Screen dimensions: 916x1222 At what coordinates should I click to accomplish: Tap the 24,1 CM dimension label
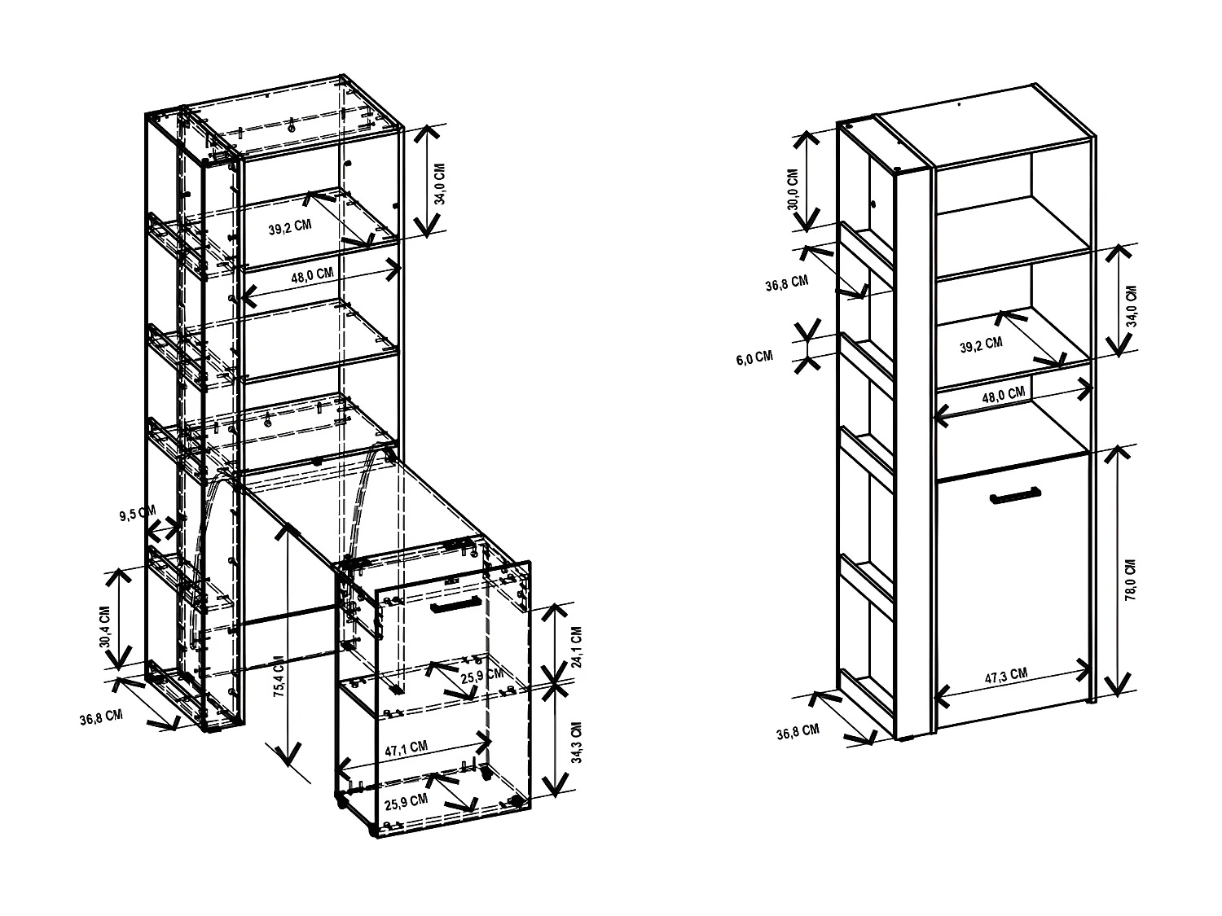[578, 646]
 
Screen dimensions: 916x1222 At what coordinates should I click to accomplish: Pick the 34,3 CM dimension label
[578, 742]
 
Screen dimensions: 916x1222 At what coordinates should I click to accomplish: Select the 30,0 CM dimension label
[793, 189]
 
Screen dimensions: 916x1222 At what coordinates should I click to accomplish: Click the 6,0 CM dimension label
[754, 356]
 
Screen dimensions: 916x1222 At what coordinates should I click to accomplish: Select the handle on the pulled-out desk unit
[456, 607]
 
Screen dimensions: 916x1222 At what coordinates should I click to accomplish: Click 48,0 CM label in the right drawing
[1003, 395]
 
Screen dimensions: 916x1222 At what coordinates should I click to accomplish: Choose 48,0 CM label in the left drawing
[313, 275]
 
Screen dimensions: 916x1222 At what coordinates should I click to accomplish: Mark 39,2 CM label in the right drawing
[981, 345]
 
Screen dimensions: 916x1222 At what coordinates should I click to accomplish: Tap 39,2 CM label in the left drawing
[290, 228]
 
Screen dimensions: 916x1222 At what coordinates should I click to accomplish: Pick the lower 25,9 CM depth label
[406, 800]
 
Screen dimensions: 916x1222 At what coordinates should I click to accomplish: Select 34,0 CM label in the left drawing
[439, 183]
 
